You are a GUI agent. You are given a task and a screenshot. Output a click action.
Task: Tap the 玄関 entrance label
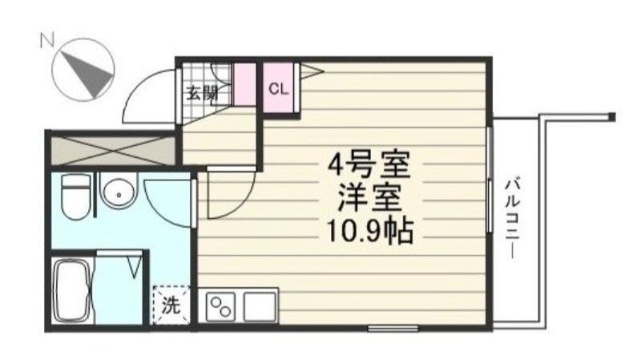[x=202, y=91]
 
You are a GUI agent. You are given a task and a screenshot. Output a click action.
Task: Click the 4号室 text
[x=369, y=167]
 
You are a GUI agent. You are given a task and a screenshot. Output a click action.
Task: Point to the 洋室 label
[x=369, y=197]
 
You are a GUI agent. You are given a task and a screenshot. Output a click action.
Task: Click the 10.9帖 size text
[x=369, y=231]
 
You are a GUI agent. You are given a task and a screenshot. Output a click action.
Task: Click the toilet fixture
[x=76, y=196]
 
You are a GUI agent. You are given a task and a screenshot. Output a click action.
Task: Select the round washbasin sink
[x=119, y=193]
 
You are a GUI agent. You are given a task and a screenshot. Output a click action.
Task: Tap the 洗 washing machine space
[x=170, y=304]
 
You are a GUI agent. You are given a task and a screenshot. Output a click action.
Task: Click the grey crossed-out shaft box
[x=111, y=150]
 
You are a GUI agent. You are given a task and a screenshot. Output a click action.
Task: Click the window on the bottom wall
[x=393, y=328]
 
